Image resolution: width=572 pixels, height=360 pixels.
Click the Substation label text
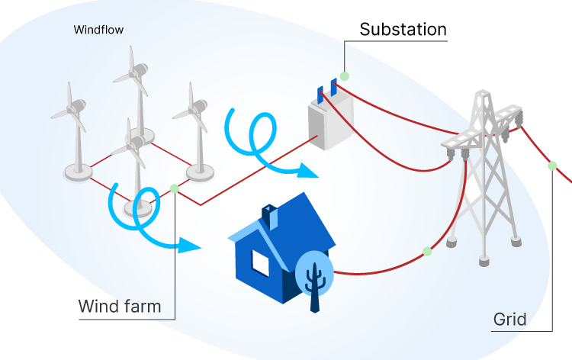point(403,30)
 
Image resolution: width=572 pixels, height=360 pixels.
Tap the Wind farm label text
point(120,307)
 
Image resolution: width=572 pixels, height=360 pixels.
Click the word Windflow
point(98,31)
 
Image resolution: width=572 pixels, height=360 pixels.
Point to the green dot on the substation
point(345,76)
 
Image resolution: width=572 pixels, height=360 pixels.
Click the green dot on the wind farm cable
point(175,188)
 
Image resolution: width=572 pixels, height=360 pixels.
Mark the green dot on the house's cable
point(427,251)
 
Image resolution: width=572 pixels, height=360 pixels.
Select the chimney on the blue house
point(269,213)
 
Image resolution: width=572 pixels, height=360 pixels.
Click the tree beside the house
point(313,275)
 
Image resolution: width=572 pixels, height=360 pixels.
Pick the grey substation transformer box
point(330,122)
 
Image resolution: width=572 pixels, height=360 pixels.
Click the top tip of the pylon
point(480,93)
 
